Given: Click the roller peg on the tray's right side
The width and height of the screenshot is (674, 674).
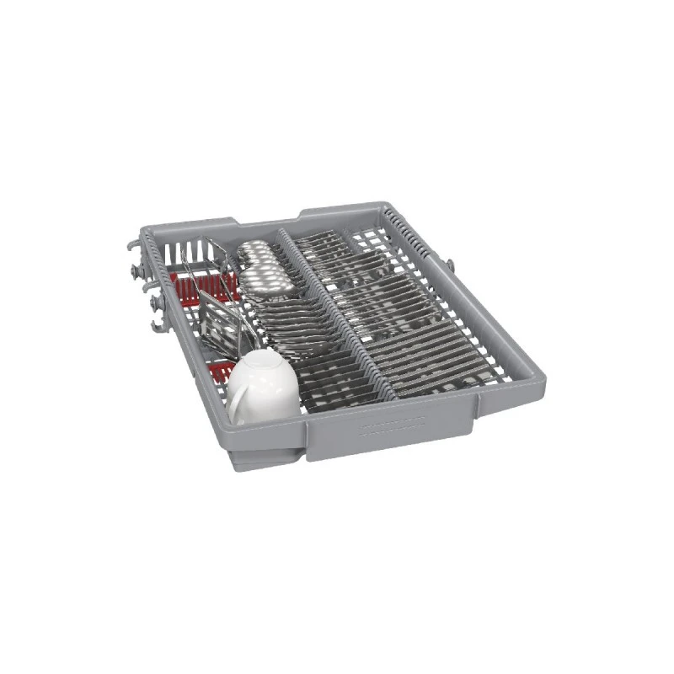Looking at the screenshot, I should pos(451,266).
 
